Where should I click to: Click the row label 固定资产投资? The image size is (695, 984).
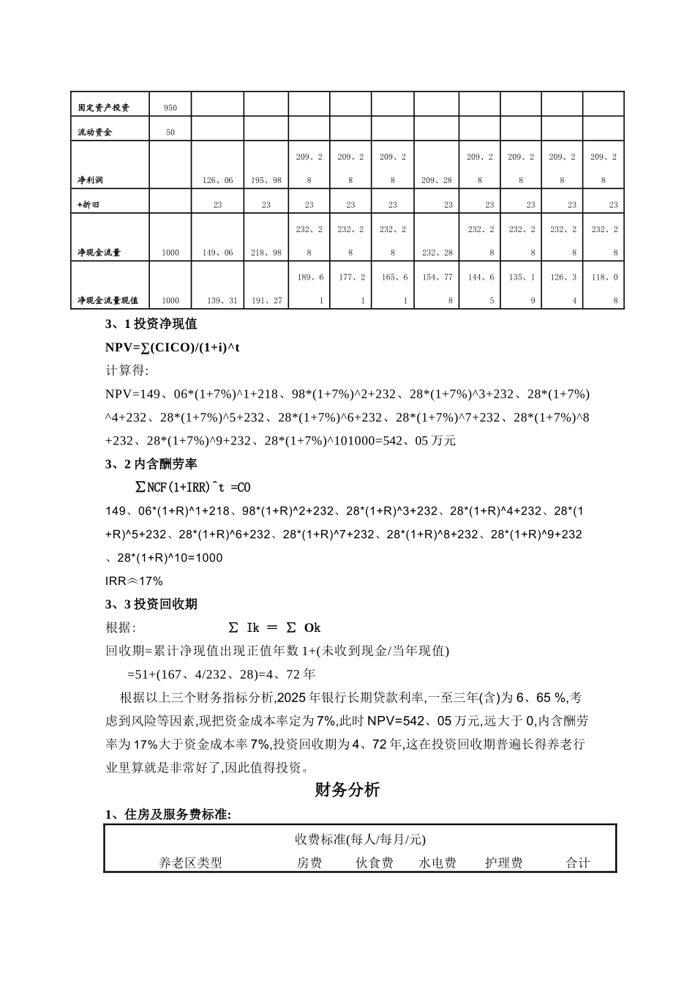(104, 108)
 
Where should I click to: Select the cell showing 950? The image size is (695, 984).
(170, 108)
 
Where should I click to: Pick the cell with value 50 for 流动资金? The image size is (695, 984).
(170, 133)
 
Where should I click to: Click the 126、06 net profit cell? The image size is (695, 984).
(218, 180)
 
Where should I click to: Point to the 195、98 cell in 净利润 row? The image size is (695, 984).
(266, 180)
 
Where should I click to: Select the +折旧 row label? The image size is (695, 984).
(89, 205)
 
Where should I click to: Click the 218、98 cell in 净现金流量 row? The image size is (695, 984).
(266, 253)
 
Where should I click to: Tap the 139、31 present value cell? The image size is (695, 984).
(218, 301)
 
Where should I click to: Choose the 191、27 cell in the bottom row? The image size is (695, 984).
(266, 301)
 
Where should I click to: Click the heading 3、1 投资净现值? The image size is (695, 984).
(151, 324)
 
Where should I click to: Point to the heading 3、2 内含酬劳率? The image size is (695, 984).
(151, 464)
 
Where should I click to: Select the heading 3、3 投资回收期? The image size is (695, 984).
(151, 604)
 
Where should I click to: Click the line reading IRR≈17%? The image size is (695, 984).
(135, 581)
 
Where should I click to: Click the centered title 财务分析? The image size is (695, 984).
(347, 790)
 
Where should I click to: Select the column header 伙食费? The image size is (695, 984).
(375, 863)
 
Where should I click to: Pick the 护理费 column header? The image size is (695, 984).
(503, 863)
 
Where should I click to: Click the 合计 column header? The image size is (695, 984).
(577, 863)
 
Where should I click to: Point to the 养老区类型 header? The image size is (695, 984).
(190, 863)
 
